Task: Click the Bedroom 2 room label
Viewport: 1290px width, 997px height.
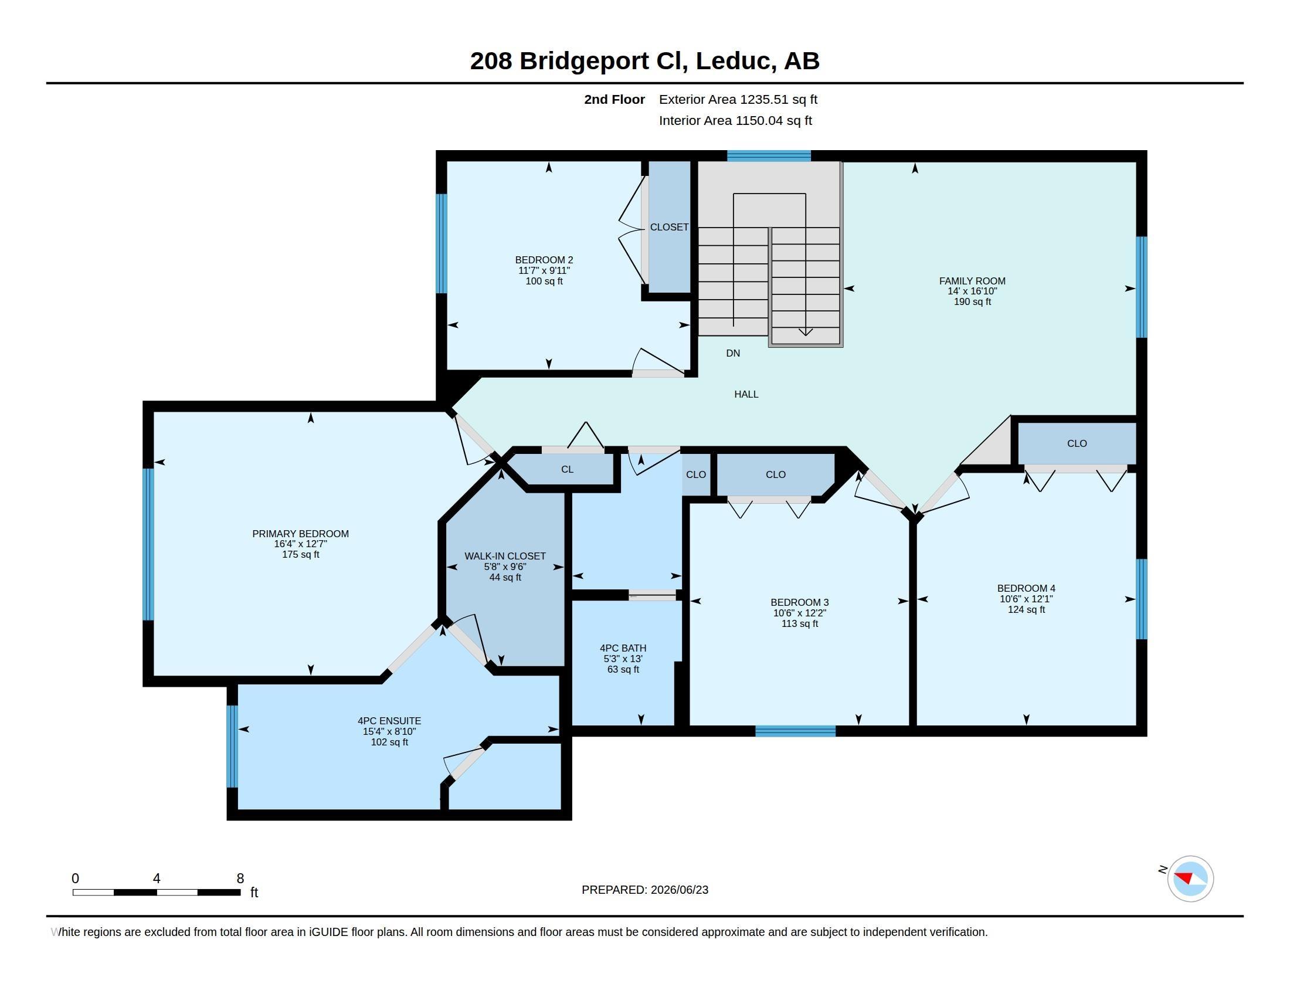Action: pyautogui.click(x=544, y=260)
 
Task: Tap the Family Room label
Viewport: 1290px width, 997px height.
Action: pyautogui.click(x=972, y=281)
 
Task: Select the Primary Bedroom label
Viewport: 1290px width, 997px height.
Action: pyautogui.click(x=301, y=534)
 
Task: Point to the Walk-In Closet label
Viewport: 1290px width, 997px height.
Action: pyautogui.click(x=505, y=557)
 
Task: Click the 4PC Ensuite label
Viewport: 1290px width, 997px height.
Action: pyautogui.click(x=389, y=721)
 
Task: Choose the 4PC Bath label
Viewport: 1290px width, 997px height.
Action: pyautogui.click(x=623, y=649)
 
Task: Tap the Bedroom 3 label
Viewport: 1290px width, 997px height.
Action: pyautogui.click(x=800, y=603)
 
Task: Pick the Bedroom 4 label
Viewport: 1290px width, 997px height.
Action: pyautogui.click(x=1027, y=589)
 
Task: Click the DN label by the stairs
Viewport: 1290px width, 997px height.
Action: pyautogui.click(x=733, y=353)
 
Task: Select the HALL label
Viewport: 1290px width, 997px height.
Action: pyautogui.click(x=746, y=395)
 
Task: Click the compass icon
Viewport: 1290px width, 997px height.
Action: pyautogui.click(x=1190, y=879)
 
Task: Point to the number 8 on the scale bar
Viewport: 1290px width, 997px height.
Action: pyautogui.click(x=240, y=879)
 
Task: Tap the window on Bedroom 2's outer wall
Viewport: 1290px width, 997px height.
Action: pyautogui.click(x=441, y=243)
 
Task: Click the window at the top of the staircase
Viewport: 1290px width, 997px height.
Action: pyautogui.click(x=769, y=156)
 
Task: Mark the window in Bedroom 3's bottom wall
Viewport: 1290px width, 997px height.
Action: pyautogui.click(x=796, y=731)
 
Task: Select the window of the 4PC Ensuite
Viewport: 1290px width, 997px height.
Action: pyautogui.click(x=232, y=747)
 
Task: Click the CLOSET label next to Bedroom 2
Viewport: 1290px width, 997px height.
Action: pyautogui.click(x=669, y=228)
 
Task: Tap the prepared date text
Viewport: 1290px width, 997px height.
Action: pyautogui.click(x=645, y=890)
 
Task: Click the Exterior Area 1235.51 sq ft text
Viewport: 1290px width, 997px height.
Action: pyautogui.click(x=738, y=100)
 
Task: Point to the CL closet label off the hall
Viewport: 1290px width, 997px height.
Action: pyautogui.click(x=567, y=470)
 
